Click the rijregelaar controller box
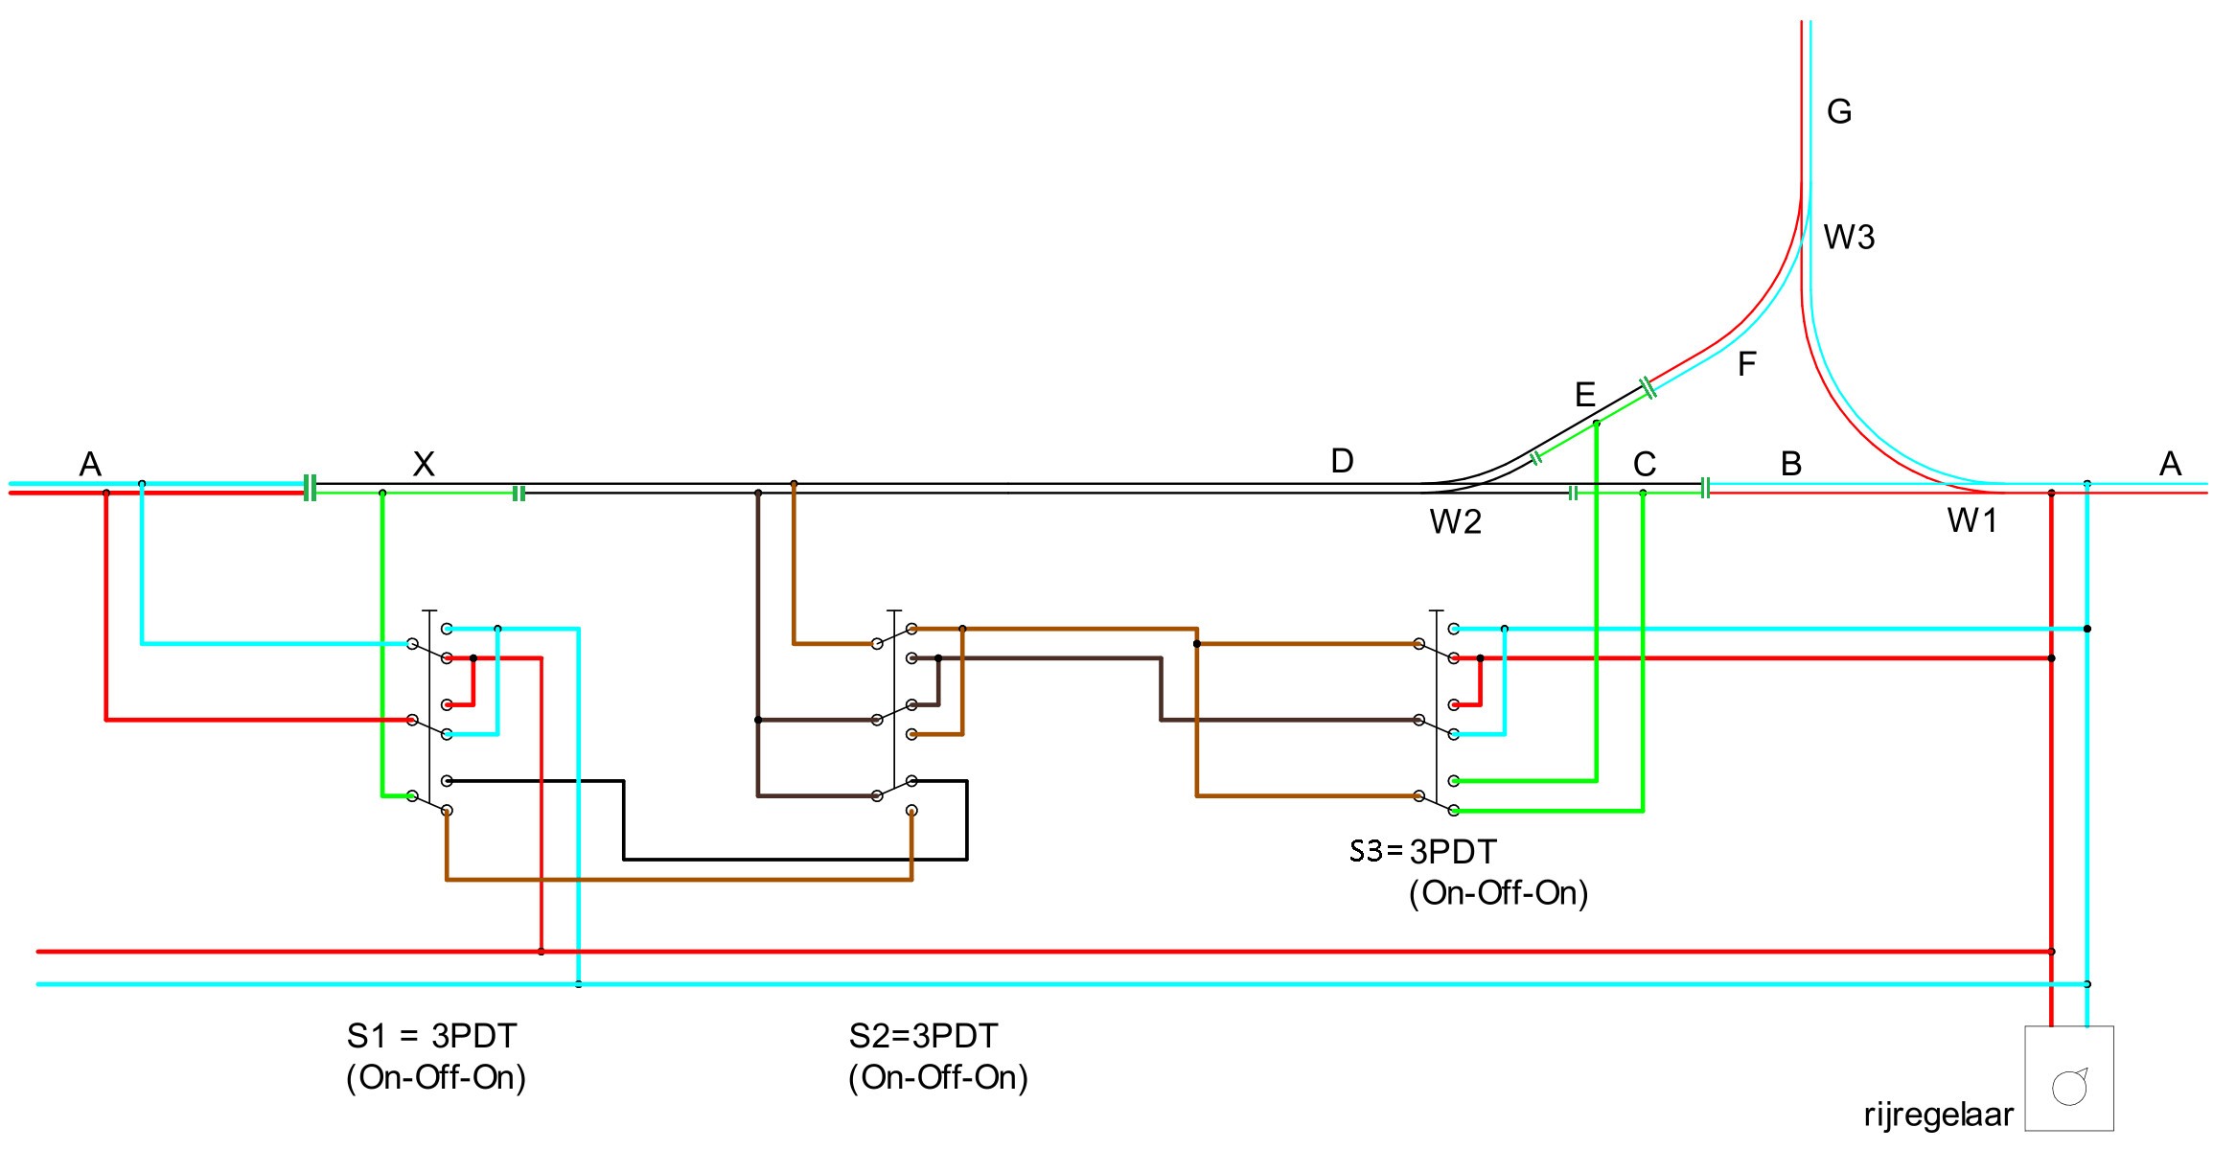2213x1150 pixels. [x=2068, y=1078]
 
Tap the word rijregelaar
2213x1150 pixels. [x=1938, y=1115]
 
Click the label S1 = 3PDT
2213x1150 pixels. [x=431, y=1036]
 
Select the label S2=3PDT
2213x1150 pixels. [x=923, y=1036]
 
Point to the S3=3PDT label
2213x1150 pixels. [x=1422, y=851]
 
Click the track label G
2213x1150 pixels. [x=1839, y=112]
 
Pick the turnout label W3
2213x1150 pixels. [x=1849, y=237]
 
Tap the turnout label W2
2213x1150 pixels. [x=1455, y=522]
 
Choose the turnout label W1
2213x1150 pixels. [x=1972, y=520]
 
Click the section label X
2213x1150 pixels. [x=424, y=464]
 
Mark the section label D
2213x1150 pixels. [x=1342, y=461]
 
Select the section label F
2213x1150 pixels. [x=1747, y=364]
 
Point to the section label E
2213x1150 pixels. [x=1585, y=395]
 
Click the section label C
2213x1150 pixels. [x=1645, y=465]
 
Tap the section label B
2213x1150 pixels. [x=1791, y=464]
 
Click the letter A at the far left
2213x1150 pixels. [x=90, y=465]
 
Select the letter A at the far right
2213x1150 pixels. [x=2171, y=465]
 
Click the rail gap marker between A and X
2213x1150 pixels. [x=310, y=488]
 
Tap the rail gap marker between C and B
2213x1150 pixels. [x=1705, y=489]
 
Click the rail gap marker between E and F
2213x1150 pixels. [x=1648, y=388]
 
